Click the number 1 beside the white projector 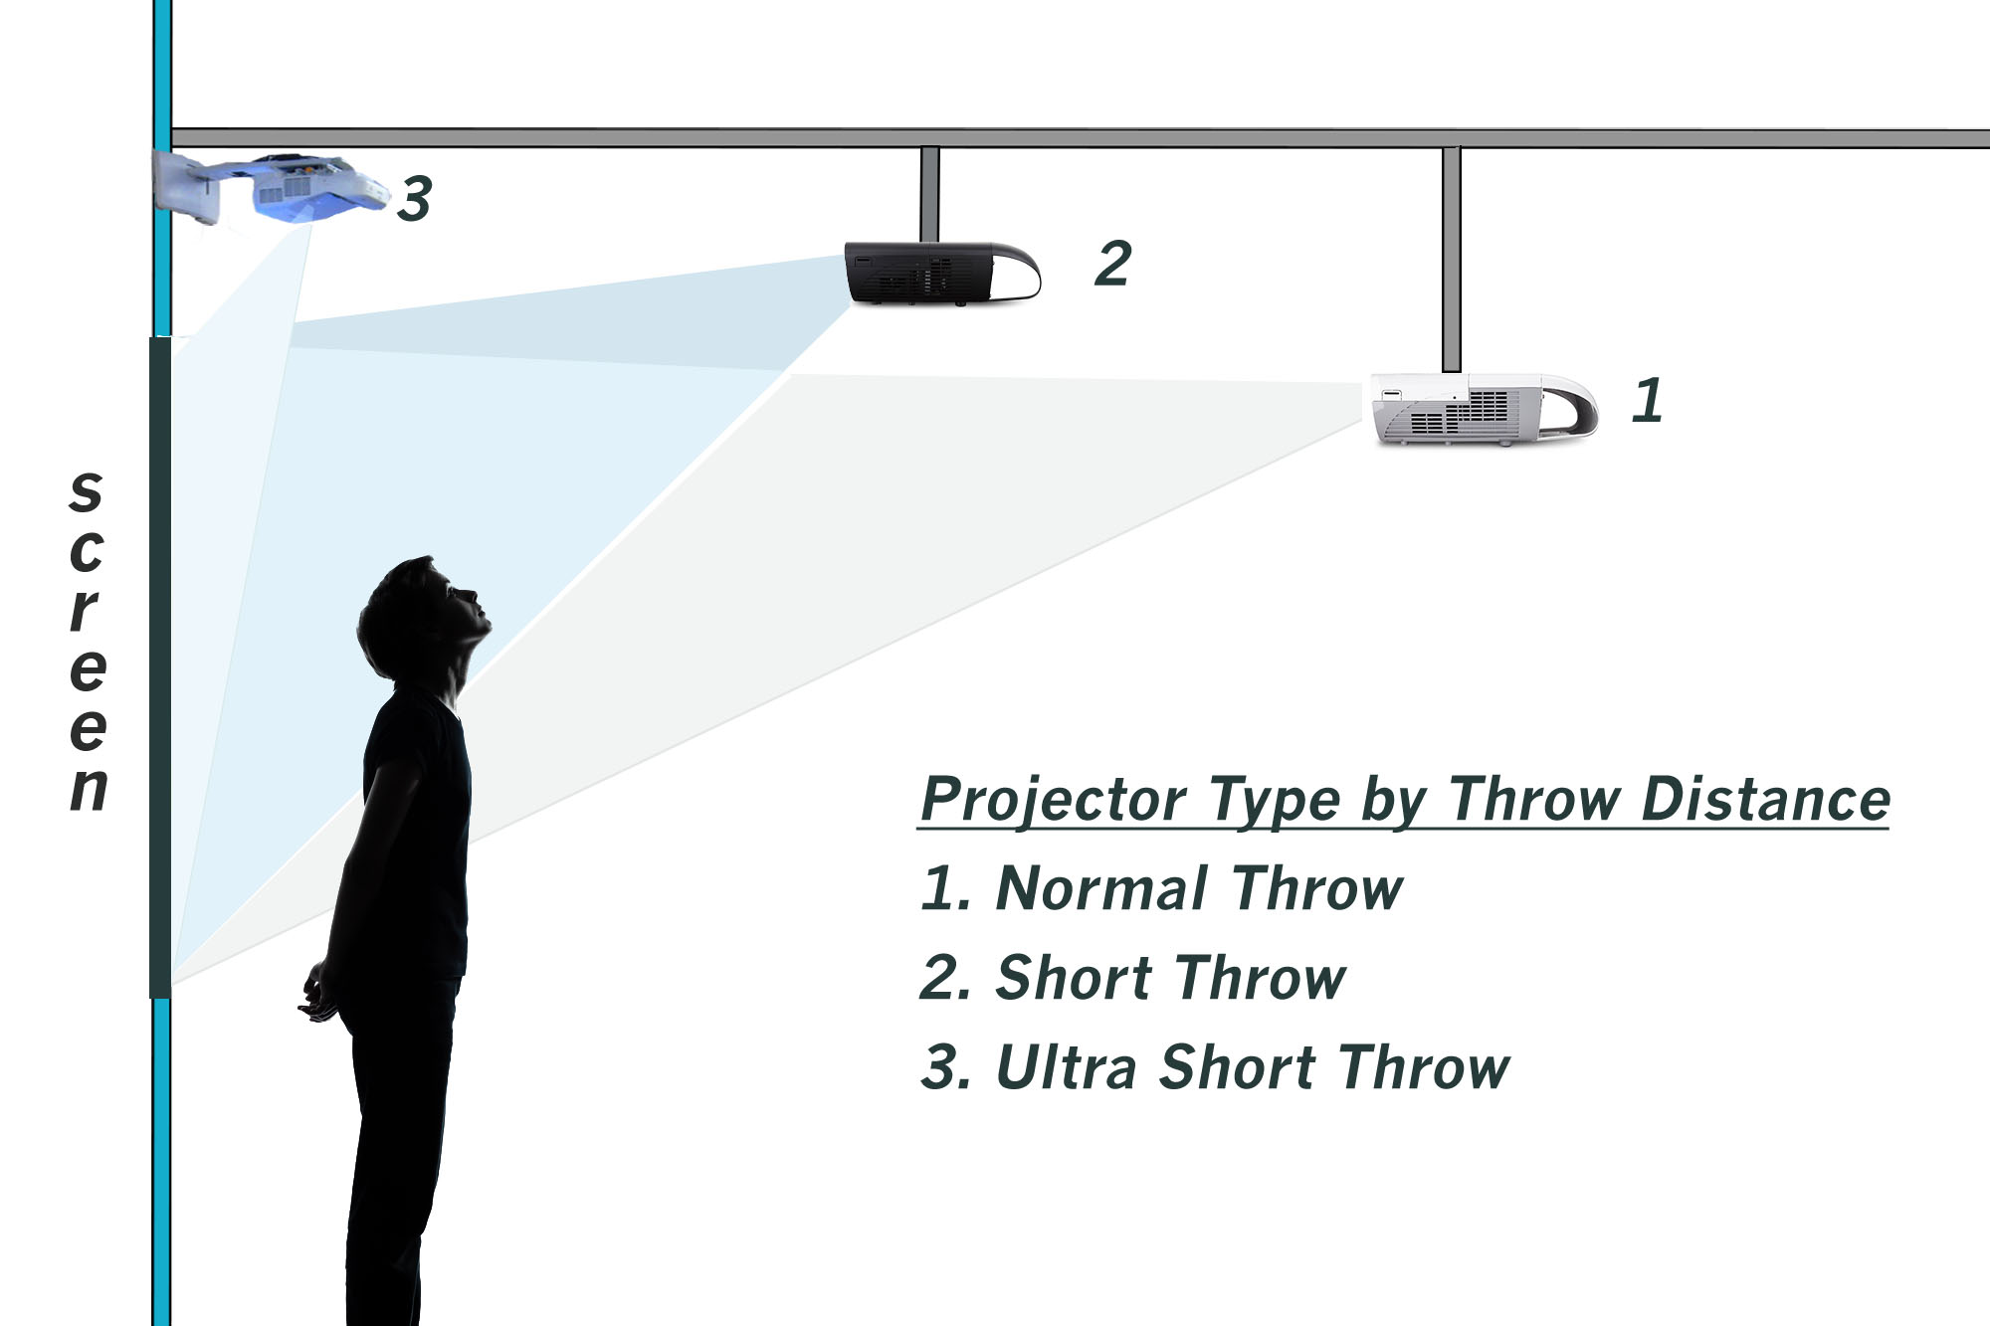[1648, 400]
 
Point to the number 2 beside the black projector [1113, 264]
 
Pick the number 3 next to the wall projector [415, 198]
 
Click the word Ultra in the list [1066, 1067]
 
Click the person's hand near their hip [317, 995]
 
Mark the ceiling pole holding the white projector [1451, 259]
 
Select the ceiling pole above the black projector [929, 194]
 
